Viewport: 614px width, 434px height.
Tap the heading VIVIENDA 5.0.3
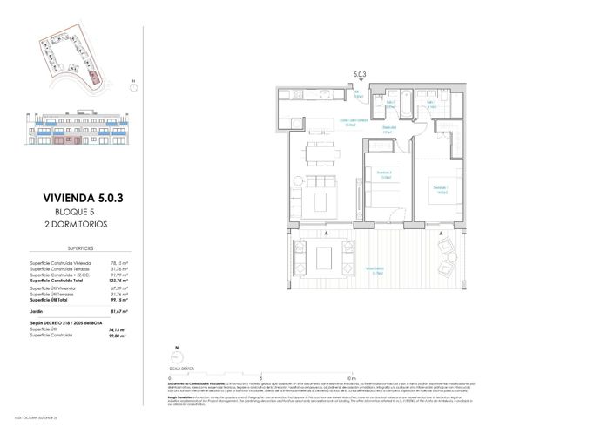[x=83, y=199]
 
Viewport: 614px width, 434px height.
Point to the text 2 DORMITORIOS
[x=83, y=224]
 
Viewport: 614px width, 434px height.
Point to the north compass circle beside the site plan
[x=132, y=85]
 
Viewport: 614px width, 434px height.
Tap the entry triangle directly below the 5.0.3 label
[x=360, y=85]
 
